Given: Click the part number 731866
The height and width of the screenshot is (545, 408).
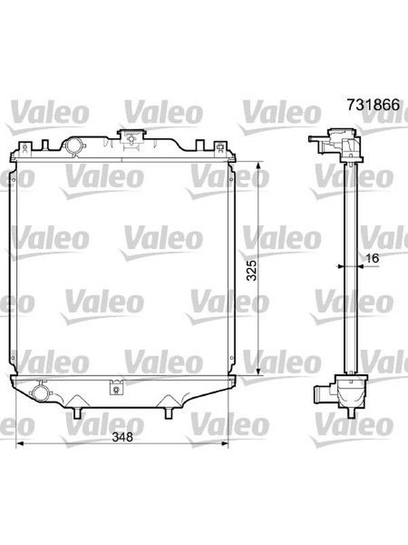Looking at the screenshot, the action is pyautogui.click(x=373, y=105).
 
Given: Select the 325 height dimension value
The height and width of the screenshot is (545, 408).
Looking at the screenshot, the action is pyautogui.click(x=252, y=270).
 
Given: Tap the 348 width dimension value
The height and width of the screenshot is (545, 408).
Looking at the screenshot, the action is pyautogui.click(x=122, y=437).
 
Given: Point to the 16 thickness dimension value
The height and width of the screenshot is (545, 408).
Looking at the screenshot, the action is pyautogui.click(x=371, y=258).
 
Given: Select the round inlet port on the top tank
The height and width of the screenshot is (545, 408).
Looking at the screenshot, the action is pyautogui.click(x=73, y=145).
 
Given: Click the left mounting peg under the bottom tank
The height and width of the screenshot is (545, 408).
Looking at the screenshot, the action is pyautogui.click(x=77, y=413).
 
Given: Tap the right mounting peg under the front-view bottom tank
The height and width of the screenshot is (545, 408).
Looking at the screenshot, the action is pyautogui.click(x=169, y=413).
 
